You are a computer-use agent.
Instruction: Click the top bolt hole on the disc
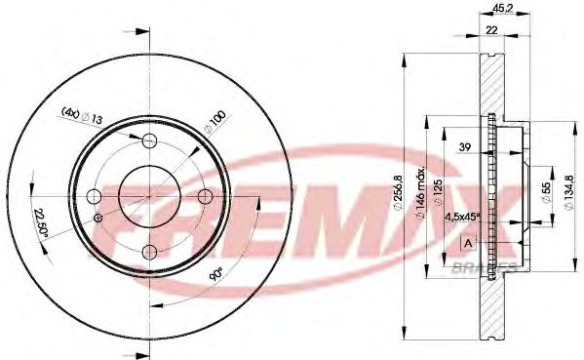point(149,141)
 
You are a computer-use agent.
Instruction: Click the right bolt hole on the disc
point(206,198)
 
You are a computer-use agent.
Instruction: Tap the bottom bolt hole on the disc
point(149,255)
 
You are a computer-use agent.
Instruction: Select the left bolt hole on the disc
point(95,198)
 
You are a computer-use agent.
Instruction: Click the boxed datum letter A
point(469,242)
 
